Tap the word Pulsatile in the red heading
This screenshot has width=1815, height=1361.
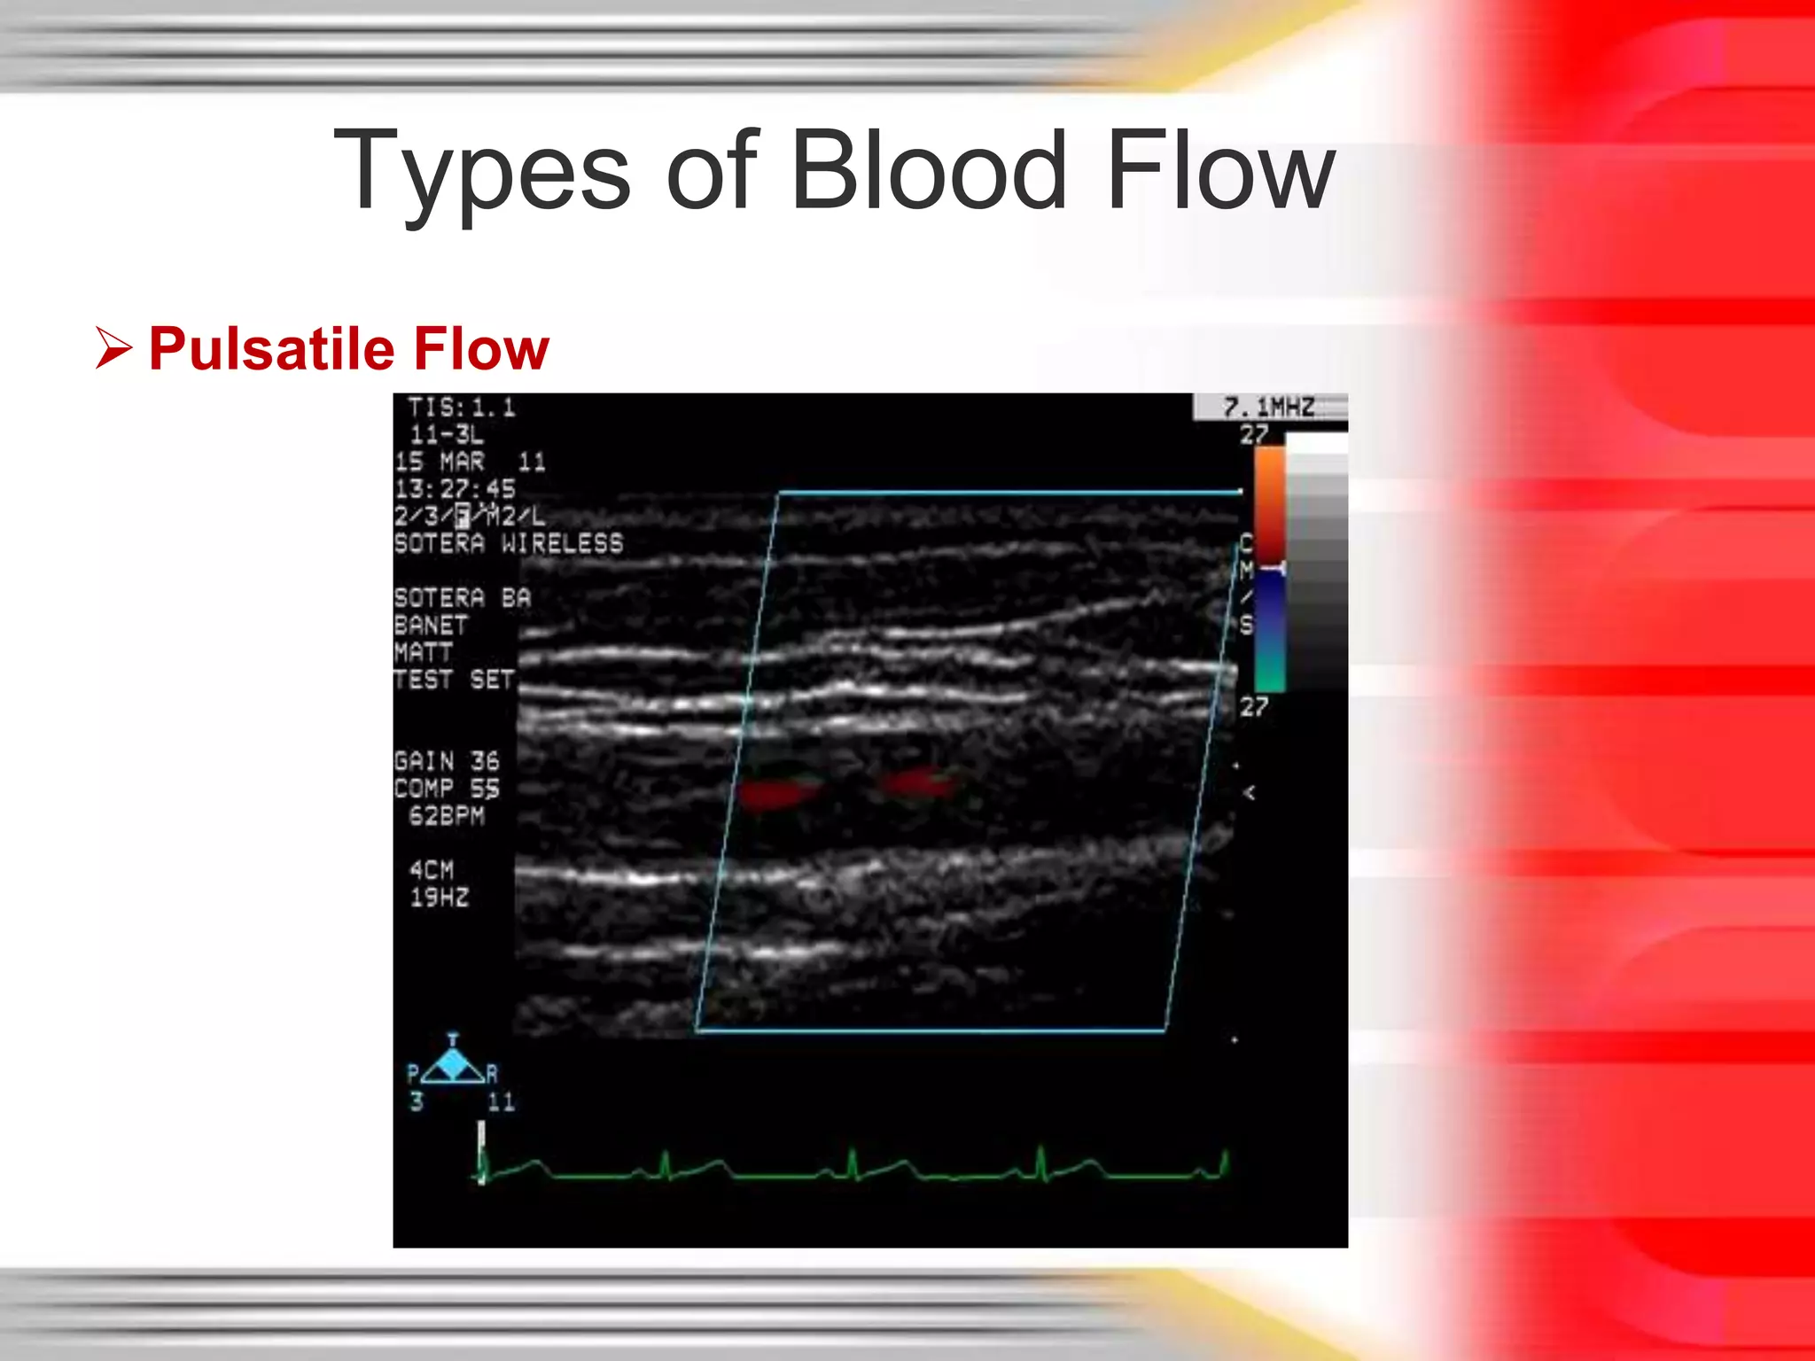click(271, 348)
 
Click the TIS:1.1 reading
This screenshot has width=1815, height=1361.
click(461, 408)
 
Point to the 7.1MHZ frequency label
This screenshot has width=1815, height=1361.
click(1268, 408)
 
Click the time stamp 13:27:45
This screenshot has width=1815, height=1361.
click(455, 488)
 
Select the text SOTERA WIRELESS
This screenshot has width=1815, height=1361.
click(509, 543)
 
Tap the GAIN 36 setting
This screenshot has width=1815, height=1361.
click(447, 761)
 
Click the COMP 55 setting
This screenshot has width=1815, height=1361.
click(447, 788)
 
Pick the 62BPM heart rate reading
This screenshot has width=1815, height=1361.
click(447, 815)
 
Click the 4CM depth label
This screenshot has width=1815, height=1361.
click(431, 869)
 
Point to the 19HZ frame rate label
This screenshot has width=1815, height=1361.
click(439, 897)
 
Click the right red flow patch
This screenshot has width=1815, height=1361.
click(916, 783)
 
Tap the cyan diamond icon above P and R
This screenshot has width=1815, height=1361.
click(453, 1064)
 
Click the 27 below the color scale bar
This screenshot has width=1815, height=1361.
click(1253, 706)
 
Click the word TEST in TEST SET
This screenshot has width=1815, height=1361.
click(423, 680)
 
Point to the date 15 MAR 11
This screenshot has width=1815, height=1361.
click(470, 462)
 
